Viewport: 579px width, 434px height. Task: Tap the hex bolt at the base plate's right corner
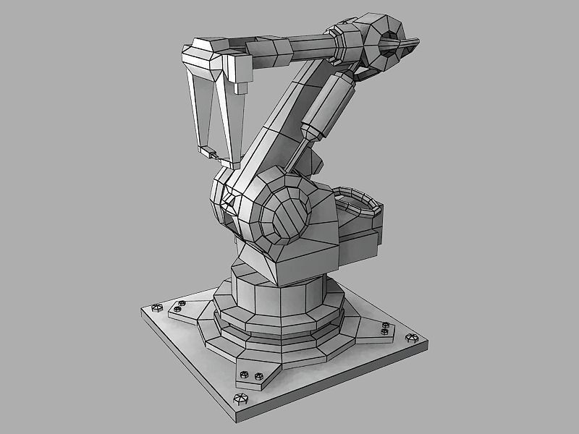coord(413,338)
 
